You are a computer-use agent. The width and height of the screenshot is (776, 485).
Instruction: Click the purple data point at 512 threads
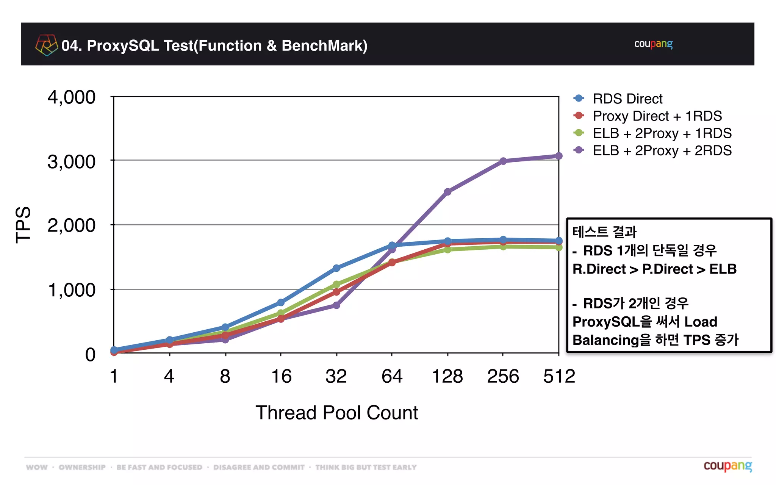tap(559, 156)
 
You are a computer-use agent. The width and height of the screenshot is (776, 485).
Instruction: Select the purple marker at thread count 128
tap(447, 192)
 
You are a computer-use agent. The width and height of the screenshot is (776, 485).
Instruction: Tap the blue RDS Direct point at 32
tap(336, 268)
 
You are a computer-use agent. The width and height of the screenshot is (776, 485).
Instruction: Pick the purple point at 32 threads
tap(336, 305)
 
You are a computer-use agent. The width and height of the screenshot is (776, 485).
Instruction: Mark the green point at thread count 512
tap(559, 247)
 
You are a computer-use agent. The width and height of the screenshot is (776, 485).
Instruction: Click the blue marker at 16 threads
tap(281, 302)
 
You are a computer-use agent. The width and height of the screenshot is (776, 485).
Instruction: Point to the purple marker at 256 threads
tap(503, 161)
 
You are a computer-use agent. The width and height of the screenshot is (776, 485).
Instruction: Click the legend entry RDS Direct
tap(627, 99)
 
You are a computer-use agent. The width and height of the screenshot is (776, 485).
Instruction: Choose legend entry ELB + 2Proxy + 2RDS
tap(662, 151)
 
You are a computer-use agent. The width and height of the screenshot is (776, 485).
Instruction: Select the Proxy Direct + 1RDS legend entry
tap(657, 116)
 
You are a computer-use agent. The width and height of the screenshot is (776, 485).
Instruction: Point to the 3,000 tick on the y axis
tap(71, 162)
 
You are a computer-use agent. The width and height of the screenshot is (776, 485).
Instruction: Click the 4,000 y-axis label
tap(71, 97)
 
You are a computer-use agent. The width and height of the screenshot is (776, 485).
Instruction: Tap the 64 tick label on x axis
tap(392, 376)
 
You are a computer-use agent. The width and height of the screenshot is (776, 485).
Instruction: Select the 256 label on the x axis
tap(503, 376)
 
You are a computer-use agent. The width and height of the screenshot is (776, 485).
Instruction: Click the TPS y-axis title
tap(23, 225)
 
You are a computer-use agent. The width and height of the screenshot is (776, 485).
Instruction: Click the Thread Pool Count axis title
tap(336, 413)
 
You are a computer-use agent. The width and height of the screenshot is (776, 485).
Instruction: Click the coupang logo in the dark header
tap(653, 44)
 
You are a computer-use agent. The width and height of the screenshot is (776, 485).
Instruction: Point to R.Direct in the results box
tap(599, 269)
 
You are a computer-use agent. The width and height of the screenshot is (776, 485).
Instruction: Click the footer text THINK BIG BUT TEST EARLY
tap(366, 467)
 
